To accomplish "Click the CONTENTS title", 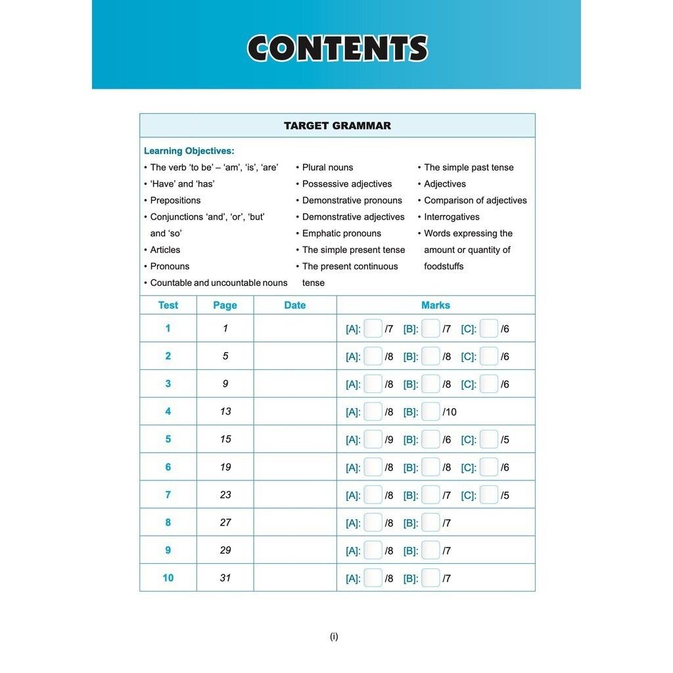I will pyautogui.click(x=337, y=49).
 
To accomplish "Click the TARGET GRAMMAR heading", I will pyautogui.click(x=337, y=126).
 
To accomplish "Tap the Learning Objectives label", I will pyautogui.click(x=189, y=151).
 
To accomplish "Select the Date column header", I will pyautogui.click(x=295, y=305).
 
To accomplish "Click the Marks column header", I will pyautogui.click(x=436, y=305).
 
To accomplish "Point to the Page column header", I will pyautogui.click(x=225, y=305).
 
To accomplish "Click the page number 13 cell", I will pyautogui.click(x=225, y=411).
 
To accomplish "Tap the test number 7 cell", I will pyautogui.click(x=168, y=495).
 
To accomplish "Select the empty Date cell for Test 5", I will pyautogui.click(x=295, y=439).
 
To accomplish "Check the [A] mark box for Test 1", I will pyautogui.click(x=373, y=329).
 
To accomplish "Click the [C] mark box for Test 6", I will pyautogui.click(x=489, y=467).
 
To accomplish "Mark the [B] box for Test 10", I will pyautogui.click(x=431, y=578).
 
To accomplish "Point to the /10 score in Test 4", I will pyautogui.click(x=450, y=412).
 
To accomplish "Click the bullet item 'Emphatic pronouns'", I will pyautogui.click(x=341, y=233).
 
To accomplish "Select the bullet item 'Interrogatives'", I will pyautogui.click(x=452, y=217).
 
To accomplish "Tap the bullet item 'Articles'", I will pyautogui.click(x=165, y=250).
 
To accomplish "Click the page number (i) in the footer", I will pyautogui.click(x=334, y=636).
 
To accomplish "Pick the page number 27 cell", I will pyautogui.click(x=225, y=522).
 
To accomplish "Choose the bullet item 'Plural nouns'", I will pyautogui.click(x=327, y=168).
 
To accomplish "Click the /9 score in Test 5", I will pyautogui.click(x=389, y=440).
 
